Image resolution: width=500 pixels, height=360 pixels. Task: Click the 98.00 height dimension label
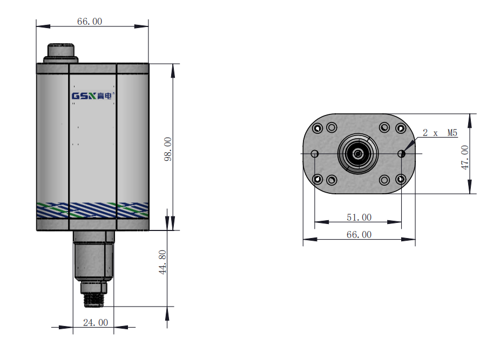coord(168,149)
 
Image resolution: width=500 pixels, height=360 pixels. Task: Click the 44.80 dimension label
coord(163,262)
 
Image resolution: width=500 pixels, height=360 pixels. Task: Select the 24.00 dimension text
coord(96,323)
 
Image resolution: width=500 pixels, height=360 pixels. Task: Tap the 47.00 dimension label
coord(464,157)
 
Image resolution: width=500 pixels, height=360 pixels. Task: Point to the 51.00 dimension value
coord(359,218)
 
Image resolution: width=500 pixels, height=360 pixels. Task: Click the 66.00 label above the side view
coord(90,22)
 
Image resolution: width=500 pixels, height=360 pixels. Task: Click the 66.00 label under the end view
coord(359,235)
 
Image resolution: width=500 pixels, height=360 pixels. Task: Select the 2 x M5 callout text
coord(440,133)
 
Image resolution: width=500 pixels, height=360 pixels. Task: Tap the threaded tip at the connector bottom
coord(93,300)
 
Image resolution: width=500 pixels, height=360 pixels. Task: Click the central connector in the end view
coord(358,154)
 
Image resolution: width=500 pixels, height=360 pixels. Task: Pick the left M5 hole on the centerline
coord(315,154)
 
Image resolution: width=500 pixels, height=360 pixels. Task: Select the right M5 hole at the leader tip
coord(402,154)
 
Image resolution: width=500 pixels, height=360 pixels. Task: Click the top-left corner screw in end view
coord(317,128)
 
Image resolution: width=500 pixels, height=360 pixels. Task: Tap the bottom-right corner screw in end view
coord(401,179)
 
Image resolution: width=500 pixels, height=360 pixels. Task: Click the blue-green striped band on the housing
coord(92,210)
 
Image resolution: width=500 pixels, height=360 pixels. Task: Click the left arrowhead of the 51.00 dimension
coord(321,222)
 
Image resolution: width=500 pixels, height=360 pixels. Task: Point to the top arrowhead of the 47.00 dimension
coord(470,120)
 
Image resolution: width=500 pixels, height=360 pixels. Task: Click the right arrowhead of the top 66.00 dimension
coord(141,26)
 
